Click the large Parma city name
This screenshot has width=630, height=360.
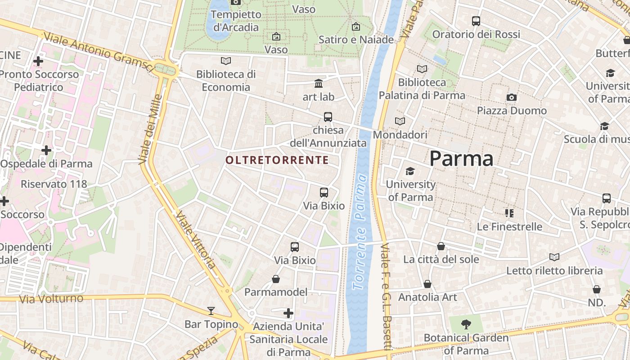pyautogui.click(x=461, y=158)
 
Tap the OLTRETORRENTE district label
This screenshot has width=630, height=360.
pyautogui.click(x=277, y=160)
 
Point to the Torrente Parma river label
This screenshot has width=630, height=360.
pyautogui.click(x=360, y=232)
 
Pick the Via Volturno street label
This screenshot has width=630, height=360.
pyautogui.click(x=51, y=298)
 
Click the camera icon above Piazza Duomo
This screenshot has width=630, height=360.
pyautogui.click(x=511, y=97)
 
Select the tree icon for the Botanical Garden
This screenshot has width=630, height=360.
pyautogui.click(x=466, y=324)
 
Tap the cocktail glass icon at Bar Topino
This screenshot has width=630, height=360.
pyautogui.click(x=211, y=310)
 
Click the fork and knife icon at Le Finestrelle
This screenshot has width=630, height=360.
pyautogui.click(x=509, y=213)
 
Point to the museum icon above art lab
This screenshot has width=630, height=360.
pyautogui.click(x=319, y=83)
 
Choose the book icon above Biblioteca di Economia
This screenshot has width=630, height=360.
pyautogui.click(x=226, y=60)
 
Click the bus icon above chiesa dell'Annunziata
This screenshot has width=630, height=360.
pyautogui.click(x=328, y=117)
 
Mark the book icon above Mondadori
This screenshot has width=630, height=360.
pyautogui.click(x=400, y=121)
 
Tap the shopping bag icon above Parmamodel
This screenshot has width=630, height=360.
pyautogui.click(x=276, y=279)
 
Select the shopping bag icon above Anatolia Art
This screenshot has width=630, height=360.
pyautogui.click(x=427, y=284)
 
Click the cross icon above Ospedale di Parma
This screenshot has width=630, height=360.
pyautogui.click(x=46, y=150)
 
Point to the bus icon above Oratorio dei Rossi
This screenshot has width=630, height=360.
pyautogui.click(x=476, y=21)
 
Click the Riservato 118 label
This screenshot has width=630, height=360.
pyautogui.click(x=54, y=184)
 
